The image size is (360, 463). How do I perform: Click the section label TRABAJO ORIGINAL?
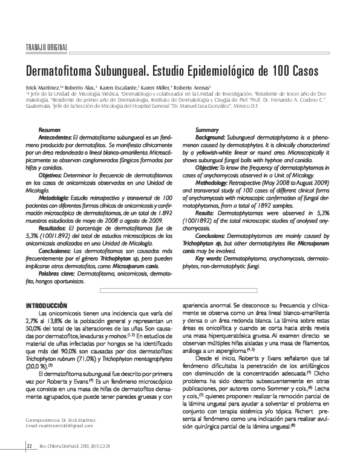pos(46,48)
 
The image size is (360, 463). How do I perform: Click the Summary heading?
pos(207,130)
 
